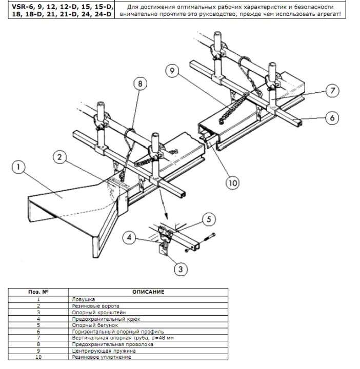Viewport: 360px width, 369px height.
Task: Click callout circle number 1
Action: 18,167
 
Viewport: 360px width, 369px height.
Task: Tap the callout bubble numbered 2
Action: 59,157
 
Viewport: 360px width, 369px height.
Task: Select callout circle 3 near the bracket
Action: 181,269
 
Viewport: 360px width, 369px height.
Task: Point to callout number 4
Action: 129,237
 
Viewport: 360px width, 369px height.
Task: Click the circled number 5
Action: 209,219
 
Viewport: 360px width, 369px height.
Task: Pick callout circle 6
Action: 332,118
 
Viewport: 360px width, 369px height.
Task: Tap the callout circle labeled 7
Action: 332,91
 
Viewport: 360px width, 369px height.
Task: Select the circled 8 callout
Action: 140,84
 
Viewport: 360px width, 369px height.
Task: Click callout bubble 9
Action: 172,70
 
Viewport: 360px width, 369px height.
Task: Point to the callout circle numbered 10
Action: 233,183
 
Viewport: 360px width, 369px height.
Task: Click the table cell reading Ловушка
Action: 84,299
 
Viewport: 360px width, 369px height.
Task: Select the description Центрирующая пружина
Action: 104,351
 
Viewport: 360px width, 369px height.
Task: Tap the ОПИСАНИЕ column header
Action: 148,292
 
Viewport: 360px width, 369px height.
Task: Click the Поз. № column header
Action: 38,292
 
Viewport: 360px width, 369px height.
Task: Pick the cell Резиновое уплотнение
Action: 102,357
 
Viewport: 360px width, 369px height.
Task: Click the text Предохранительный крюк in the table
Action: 106,319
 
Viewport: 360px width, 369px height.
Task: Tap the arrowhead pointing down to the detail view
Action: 166,216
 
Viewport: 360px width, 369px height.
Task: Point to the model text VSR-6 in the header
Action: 23,7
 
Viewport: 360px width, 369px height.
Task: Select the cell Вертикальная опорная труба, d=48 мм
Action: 123,338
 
